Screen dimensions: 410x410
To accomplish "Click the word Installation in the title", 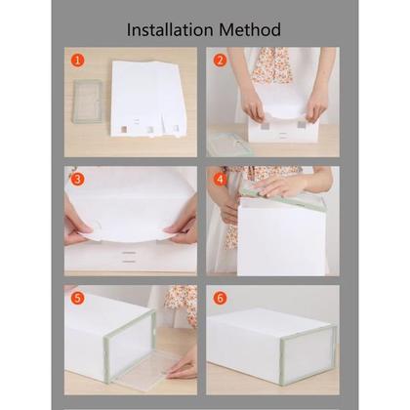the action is tap(170, 30).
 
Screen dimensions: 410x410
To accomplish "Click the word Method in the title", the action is tap(250, 30).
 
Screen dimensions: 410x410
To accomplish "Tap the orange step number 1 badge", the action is tap(77, 61).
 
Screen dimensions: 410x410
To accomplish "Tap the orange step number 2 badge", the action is tap(220, 61).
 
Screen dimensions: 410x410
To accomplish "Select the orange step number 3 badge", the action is tap(77, 179).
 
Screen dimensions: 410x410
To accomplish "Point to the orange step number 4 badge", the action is tap(220, 179).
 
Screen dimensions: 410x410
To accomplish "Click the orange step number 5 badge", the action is tap(77, 298).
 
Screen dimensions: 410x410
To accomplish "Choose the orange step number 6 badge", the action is tap(220, 298).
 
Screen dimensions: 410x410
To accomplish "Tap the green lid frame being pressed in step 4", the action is tap(283, 199).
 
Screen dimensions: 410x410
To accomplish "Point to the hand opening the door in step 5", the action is tap(183, 368).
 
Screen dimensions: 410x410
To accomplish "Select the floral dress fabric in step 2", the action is tap(270, 65).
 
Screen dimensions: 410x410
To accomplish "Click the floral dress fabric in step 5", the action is tap(183, 305).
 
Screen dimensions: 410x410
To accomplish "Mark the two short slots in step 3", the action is tap(129, 257).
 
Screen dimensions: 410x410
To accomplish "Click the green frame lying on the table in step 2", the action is tap(228, 144).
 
